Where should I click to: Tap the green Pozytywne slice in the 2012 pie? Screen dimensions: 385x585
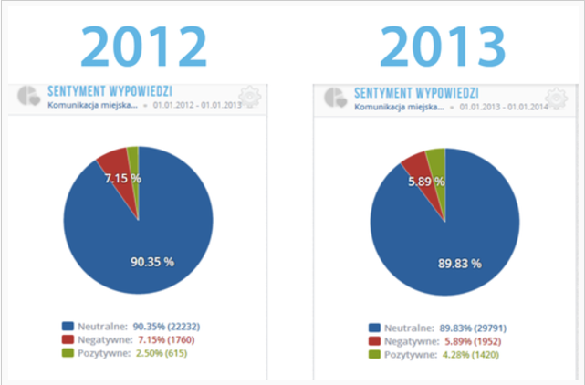133,157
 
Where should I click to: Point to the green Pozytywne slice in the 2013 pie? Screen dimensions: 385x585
436,160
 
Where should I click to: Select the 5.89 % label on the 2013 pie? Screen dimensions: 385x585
426,182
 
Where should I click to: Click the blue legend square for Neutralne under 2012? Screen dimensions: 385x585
68,326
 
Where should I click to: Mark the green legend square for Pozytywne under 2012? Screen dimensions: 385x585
68,353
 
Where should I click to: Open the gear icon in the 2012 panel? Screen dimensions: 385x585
248,97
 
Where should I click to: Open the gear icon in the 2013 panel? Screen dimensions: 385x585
554,97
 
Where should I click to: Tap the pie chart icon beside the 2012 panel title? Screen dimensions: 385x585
29,95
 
